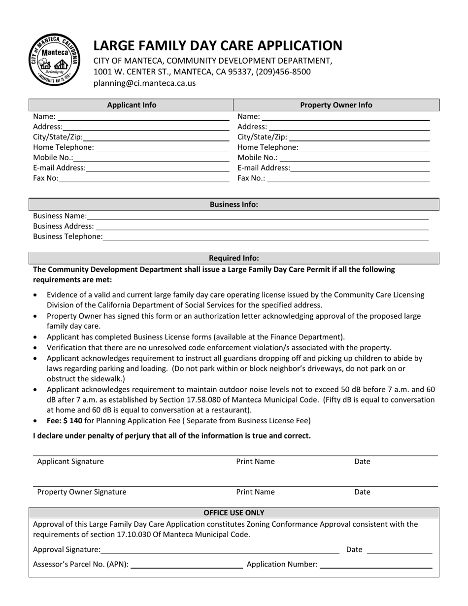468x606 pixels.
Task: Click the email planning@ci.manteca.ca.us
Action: point(144,83)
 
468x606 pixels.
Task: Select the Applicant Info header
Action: point(132,105)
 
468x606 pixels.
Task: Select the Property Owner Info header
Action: point(336,105)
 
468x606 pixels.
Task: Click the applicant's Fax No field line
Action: point(144,179)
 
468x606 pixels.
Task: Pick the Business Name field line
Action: point(257,217)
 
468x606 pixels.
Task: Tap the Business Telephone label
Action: point(68,236)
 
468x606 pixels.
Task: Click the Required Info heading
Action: point(234,258)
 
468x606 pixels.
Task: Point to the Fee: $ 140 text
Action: point(65,421)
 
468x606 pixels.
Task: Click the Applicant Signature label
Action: point(70,462)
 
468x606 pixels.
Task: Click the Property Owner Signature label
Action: point(82,492)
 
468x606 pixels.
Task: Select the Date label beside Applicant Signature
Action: point(362,462)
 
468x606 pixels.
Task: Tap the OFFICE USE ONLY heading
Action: point(234,512)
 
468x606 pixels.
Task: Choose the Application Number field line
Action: point(375,566)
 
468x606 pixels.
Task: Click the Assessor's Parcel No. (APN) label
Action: point(81,565)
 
